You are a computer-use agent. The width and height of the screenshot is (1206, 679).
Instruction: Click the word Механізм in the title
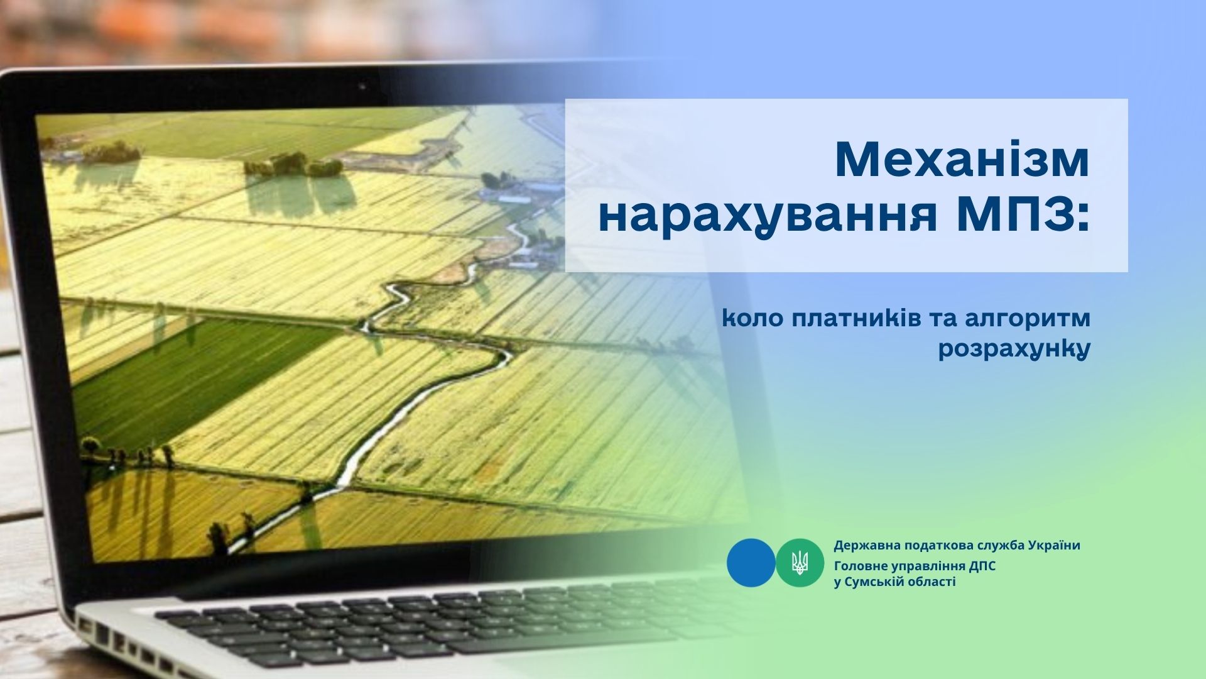(x=962, y=160)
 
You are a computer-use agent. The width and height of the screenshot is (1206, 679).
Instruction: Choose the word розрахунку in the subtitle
(x=1013, y=350)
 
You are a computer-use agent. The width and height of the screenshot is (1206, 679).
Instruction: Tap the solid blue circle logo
(x=751, y=563)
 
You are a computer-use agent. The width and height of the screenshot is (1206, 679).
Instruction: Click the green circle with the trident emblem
(x=800, y=563)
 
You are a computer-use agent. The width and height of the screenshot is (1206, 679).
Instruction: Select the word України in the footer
(x=1055, y=545)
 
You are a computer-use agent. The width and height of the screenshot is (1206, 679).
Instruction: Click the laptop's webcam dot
(x=362, y=84)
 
